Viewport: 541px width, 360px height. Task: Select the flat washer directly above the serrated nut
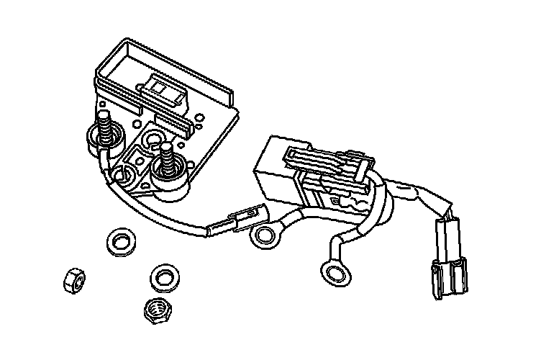[x=165, y=276]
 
